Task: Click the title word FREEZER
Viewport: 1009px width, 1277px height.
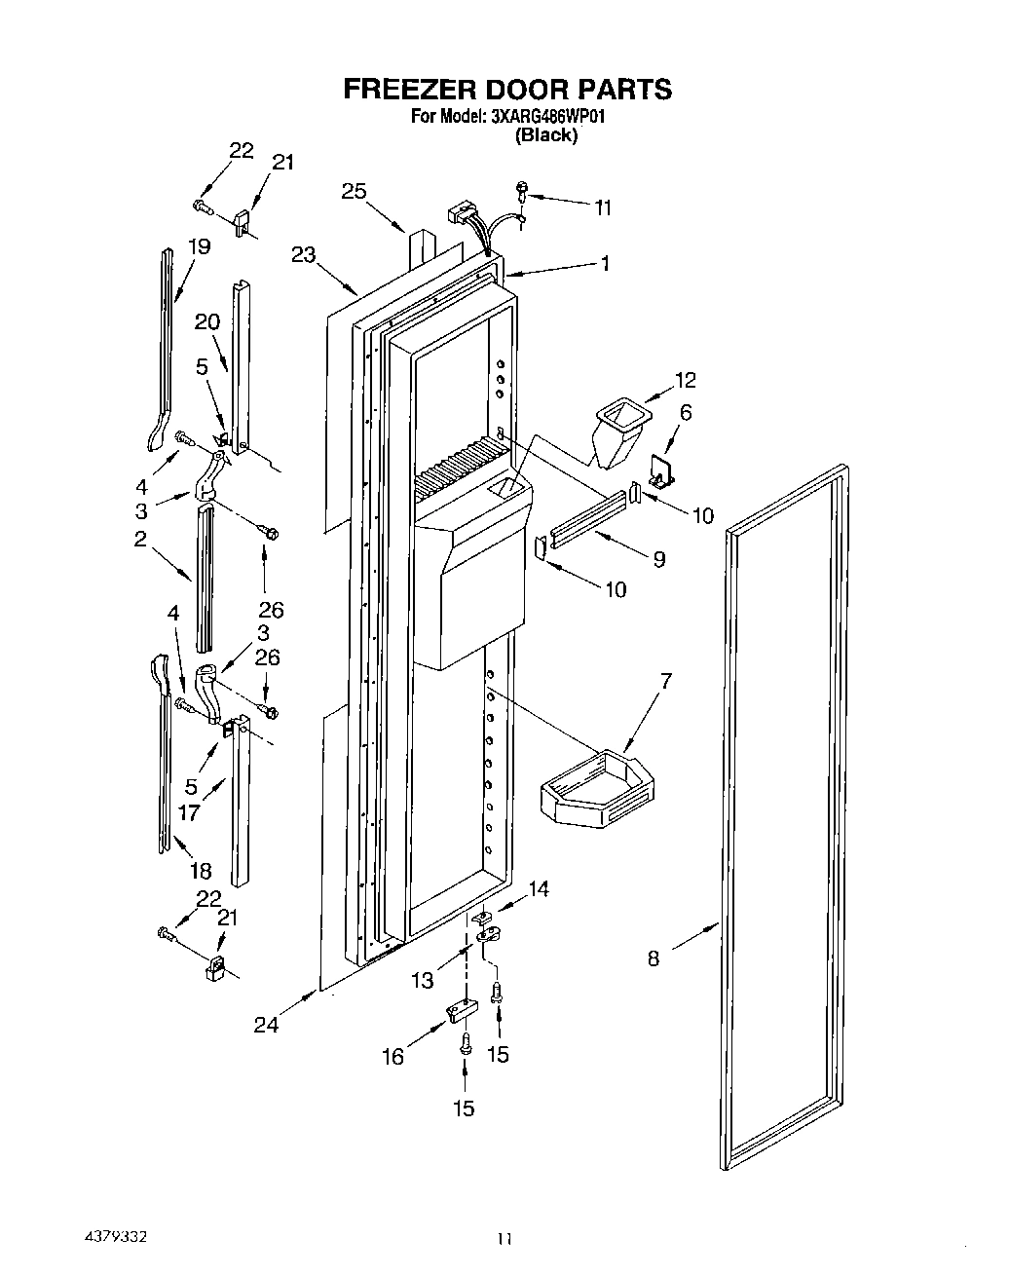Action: (x=409, y=90)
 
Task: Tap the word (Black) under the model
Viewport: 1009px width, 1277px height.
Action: (x=546, y=135)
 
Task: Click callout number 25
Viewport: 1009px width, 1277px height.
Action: (x=354, y=191)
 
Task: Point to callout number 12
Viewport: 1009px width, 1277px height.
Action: (x=686, y=379)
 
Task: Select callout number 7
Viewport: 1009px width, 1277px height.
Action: (x=665, y=681)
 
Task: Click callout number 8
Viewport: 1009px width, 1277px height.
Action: (x=653, y=958)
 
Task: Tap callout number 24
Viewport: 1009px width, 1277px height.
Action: (x=266, y=1024)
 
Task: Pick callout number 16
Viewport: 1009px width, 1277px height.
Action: (x=392, y=1057)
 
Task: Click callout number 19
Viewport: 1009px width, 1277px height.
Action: (x=199, y=246)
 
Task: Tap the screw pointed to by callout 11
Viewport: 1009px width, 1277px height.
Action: (x=523, y=194)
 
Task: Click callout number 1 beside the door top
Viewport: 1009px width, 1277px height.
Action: (x=605, y=263)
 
